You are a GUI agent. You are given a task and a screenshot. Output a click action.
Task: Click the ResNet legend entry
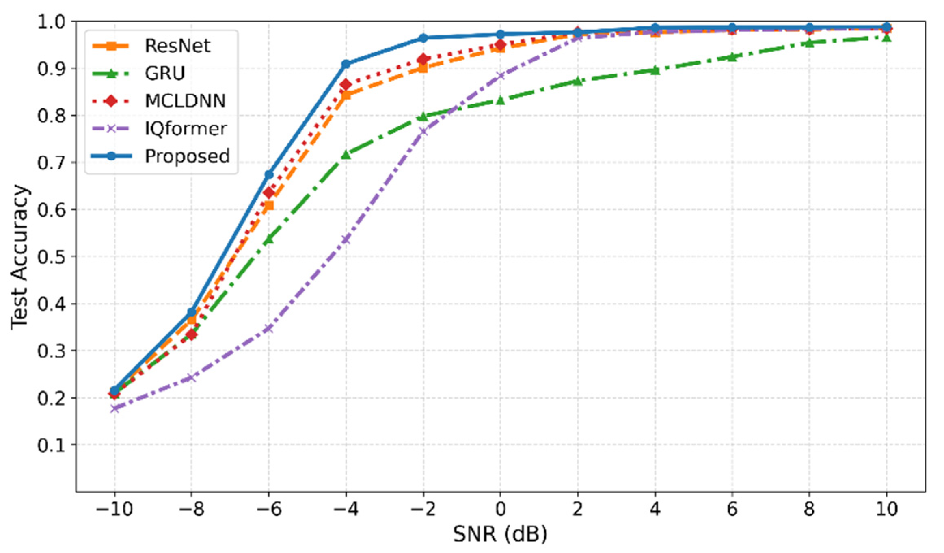(x=177, y=46)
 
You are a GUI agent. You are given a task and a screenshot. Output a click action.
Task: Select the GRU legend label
(x=164, y=73)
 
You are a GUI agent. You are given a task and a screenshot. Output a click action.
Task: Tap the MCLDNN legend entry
(x=185, y=101)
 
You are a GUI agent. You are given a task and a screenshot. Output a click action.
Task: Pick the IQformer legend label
(x=186, y=128)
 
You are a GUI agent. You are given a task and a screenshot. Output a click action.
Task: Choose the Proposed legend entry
(x=187, y=156)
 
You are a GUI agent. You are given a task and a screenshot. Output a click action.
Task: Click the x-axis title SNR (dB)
(x=500, y=534)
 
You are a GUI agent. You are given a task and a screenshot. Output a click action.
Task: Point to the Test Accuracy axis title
(x=19, y=256)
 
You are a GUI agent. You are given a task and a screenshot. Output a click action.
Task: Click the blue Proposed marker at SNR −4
(x=346, y=64)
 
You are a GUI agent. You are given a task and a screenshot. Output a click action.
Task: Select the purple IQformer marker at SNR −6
(x=268, y=328)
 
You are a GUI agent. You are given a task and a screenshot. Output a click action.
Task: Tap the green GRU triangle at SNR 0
(x=500, y=100)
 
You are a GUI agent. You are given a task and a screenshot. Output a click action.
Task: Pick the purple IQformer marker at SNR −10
(x=114, y=408)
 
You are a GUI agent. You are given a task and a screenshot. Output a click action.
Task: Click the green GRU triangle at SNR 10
(x=886, y=37)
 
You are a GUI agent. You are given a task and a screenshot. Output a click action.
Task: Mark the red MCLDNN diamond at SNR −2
(x=423, y=59)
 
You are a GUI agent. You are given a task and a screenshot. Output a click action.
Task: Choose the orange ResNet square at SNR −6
(x=268, y=206)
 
